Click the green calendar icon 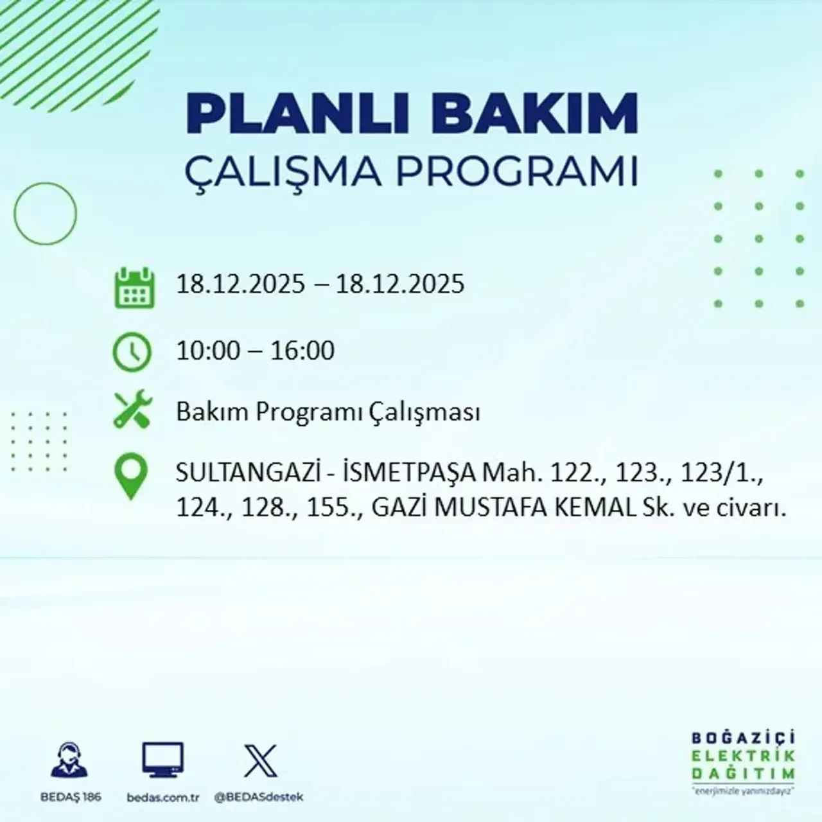[x=134, y=288]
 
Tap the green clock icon [x=132, y=353]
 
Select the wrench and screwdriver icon [x=132, y=412]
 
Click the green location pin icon [x=130, y=477]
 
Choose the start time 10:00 [x=207, y=351]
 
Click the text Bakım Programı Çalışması [x=328, y=412]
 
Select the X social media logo [x=261, y=761]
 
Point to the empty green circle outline [x=45, y=213]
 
